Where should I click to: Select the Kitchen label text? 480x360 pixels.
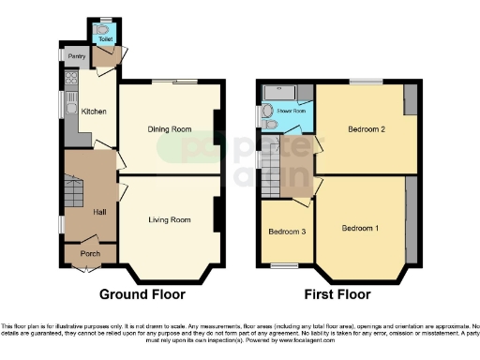click(95, 112)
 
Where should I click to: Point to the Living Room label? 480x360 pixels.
click(170, 219)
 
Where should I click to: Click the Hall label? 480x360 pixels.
click(100, 213)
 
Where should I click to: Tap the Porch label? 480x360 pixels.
click(91, 253)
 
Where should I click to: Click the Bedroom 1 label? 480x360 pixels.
click(360, 228)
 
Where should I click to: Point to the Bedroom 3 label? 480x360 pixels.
click(286, 232)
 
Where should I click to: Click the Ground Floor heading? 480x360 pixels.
click(142, 294)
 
